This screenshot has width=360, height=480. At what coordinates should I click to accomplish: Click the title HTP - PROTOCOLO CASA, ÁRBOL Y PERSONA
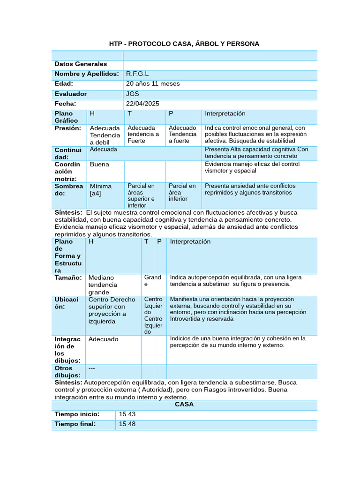(x=184, y=44)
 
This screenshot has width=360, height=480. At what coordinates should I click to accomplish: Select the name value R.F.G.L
(x=137, y=74)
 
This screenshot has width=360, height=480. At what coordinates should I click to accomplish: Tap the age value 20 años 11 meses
(x=153, y=84)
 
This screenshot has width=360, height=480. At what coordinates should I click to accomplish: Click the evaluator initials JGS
(x=133, y=94)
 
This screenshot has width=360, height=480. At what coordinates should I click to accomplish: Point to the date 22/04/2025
(x=143, y=104)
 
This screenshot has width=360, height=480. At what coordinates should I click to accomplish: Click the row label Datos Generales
(x=81, y=64)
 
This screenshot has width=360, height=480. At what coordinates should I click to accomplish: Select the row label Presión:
(x=68, y=128)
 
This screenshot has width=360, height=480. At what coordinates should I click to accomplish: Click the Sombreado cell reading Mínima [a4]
(x=101, y=189)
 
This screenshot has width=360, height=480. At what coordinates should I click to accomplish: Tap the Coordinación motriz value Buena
(x=99, y=165)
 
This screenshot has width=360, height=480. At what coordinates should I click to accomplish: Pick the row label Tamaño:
(x=68, y=277)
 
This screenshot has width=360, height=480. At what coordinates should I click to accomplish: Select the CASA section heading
(x=184, y=404)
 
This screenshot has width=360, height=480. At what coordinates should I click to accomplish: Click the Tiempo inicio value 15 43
(x=127, y=414)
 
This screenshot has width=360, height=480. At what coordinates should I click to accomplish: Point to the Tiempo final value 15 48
(x=127, y=424)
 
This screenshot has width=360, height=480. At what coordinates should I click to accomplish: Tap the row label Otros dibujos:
(x=67, y=372)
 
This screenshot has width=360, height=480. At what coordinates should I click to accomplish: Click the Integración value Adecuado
(x=104, y=339)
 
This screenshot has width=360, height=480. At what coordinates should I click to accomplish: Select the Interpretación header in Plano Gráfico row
(x=225, y=114)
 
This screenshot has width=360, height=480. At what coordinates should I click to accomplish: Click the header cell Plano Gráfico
(x=66, y=117)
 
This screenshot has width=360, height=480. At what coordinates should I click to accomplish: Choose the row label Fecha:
(x=65, y=104)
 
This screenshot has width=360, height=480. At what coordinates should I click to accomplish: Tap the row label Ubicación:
(x=67, y=303)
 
